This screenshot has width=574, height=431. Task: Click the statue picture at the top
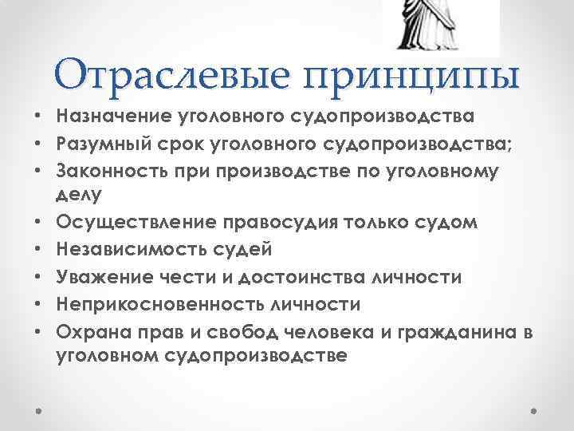[x=441, y=25]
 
